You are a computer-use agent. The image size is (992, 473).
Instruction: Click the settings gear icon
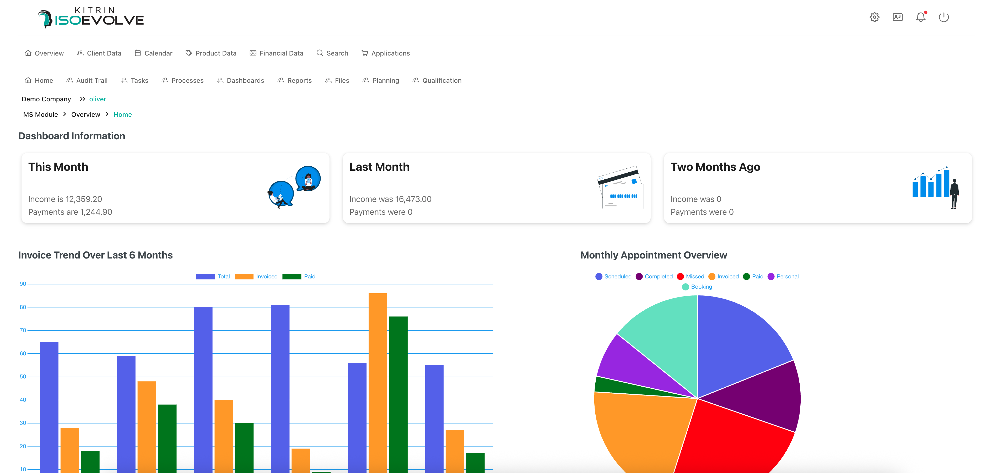click(874, 17)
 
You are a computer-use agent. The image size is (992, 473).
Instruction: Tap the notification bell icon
click(920, 17)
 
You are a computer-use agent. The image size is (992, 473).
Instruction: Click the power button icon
click(944, 17)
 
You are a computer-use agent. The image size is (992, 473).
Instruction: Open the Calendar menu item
click(154, 53)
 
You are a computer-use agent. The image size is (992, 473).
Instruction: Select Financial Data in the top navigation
click(277, 53)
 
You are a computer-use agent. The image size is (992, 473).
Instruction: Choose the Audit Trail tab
click(87, 80)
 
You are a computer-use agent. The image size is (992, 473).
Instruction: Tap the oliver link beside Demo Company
click(98, 99)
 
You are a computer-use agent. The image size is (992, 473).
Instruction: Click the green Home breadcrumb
click(122, 114)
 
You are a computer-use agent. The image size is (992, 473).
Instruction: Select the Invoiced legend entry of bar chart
click(256, 276)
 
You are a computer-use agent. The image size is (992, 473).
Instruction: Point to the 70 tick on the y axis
click(23, 330)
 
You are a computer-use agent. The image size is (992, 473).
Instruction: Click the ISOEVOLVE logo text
click(99, 20)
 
